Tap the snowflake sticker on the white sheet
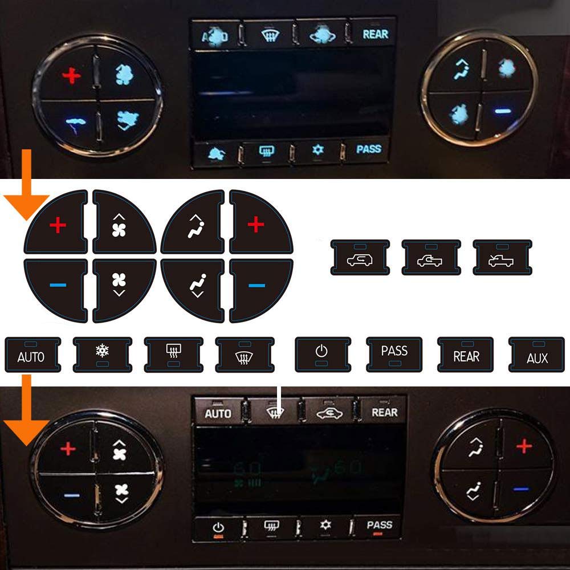pos(102,354)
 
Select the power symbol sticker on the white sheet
pos(323,354)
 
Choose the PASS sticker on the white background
pos(394,354)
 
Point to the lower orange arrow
pos(26,416)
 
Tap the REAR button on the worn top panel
pos(375,34)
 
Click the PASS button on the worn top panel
pos(368,150)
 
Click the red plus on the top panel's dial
pos(71,75)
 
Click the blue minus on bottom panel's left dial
pos(71,495)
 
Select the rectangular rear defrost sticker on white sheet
pos(173,354)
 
